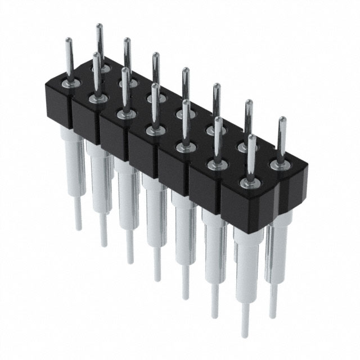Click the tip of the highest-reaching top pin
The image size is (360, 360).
point(99,26)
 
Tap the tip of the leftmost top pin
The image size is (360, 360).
point(68,40)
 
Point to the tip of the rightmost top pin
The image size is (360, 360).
point(282,119)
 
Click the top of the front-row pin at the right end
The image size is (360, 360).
point(251,137)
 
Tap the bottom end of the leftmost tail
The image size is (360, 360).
point(78,228)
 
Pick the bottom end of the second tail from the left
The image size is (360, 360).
point(103,245)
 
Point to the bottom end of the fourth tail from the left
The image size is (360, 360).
point(157,278)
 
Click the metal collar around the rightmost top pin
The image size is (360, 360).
point(279,164)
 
